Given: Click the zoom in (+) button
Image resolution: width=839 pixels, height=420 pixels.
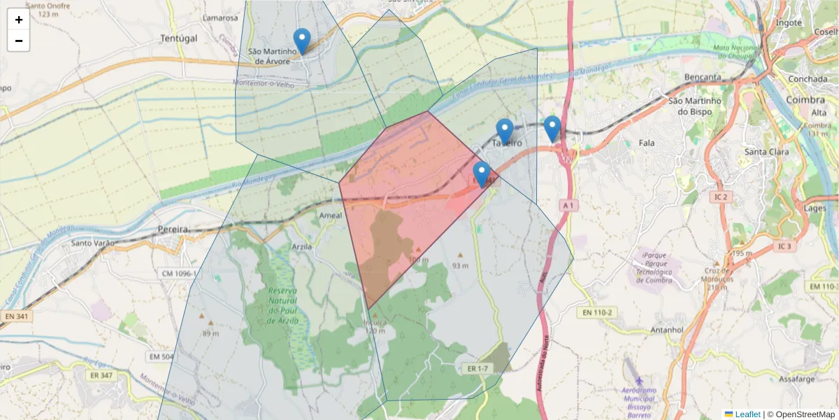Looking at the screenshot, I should pyautogui.click(x=19, y=20).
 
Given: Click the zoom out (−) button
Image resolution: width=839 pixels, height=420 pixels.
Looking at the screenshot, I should pyautogui.click(x=19, y=41).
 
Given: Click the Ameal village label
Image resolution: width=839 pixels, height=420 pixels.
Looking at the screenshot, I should pyautogui.click(x=331, y=216).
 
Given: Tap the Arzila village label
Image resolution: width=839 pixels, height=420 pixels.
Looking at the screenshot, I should pyautogui.click(x=303, y=247).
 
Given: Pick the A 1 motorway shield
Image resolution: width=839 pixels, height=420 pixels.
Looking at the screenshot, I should pyautogui.click(x=569, y=205).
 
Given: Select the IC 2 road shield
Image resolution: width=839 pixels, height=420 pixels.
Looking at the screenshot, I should pyautogui.click(x=722, y=197).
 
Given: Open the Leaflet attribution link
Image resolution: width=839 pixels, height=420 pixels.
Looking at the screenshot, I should pyautogui.click(x=747, y=414).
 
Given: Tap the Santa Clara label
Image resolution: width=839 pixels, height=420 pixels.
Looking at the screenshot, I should pyautogui.click(x=767, y=152).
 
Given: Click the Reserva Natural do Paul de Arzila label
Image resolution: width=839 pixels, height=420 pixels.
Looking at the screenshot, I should pyautogui.click(x=283, y=305).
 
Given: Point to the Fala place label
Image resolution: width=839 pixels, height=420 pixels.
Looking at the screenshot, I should pyautogui.click(x=647, y=143).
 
